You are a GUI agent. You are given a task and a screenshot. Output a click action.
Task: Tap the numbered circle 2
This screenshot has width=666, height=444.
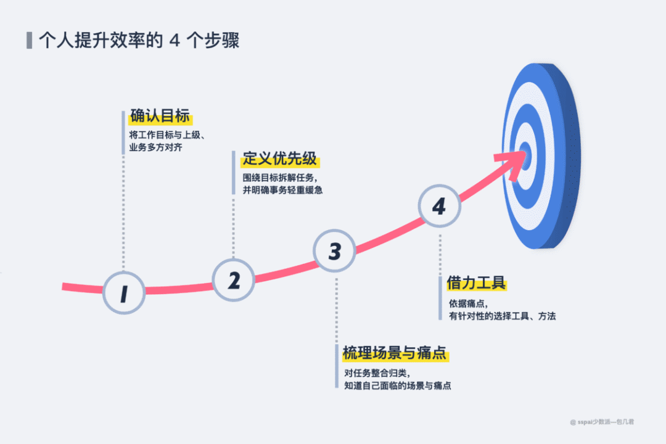pos(234,280)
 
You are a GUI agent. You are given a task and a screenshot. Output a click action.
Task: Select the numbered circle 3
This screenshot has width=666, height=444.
pos(335,251)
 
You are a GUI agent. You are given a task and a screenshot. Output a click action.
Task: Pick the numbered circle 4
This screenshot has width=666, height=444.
pos(439,207)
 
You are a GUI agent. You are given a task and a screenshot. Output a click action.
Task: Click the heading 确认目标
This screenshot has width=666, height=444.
pos(160,116)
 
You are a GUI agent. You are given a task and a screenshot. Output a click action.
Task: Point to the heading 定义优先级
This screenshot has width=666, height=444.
pos(280,158)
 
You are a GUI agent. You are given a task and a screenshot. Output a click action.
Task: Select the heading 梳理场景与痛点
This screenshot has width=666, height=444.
pos(395,353)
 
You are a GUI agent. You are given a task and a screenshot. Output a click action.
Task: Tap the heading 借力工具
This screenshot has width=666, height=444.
pos(477,283)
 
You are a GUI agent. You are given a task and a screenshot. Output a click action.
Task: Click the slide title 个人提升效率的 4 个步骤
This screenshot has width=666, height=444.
pos(139,41)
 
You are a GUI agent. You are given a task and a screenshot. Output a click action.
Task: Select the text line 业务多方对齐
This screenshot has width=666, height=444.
pos(155,148)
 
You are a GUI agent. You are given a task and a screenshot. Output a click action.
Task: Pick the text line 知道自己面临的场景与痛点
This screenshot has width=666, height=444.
pos(398,385)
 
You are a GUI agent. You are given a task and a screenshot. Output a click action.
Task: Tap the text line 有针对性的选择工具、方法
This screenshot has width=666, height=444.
pos(503,316)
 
